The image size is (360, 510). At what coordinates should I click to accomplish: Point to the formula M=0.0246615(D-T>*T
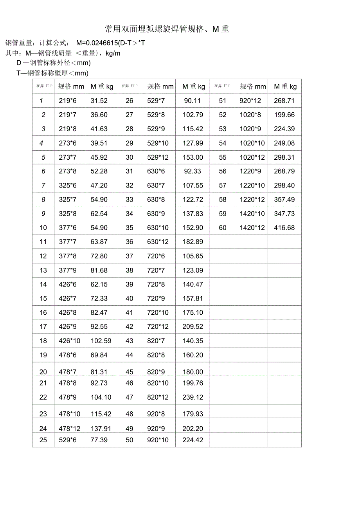111,43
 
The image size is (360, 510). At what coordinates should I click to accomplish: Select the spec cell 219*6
68,101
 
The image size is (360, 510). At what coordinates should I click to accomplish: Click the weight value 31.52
99,101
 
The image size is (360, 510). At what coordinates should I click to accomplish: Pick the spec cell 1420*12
252,228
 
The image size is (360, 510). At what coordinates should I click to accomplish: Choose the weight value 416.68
284,228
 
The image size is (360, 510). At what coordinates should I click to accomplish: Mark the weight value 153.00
193,157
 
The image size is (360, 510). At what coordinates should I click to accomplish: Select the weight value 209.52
193,326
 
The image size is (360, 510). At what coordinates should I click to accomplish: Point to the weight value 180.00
193,372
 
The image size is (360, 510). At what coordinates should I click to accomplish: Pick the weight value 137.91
101,429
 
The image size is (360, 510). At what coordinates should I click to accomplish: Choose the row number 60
223,228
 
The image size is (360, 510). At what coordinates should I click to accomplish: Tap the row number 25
43,440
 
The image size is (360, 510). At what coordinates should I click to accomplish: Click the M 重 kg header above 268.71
285,87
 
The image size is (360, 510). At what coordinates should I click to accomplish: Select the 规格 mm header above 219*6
71,87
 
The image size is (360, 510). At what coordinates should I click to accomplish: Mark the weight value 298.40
284,186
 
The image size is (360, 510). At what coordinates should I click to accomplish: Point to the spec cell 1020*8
250,115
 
